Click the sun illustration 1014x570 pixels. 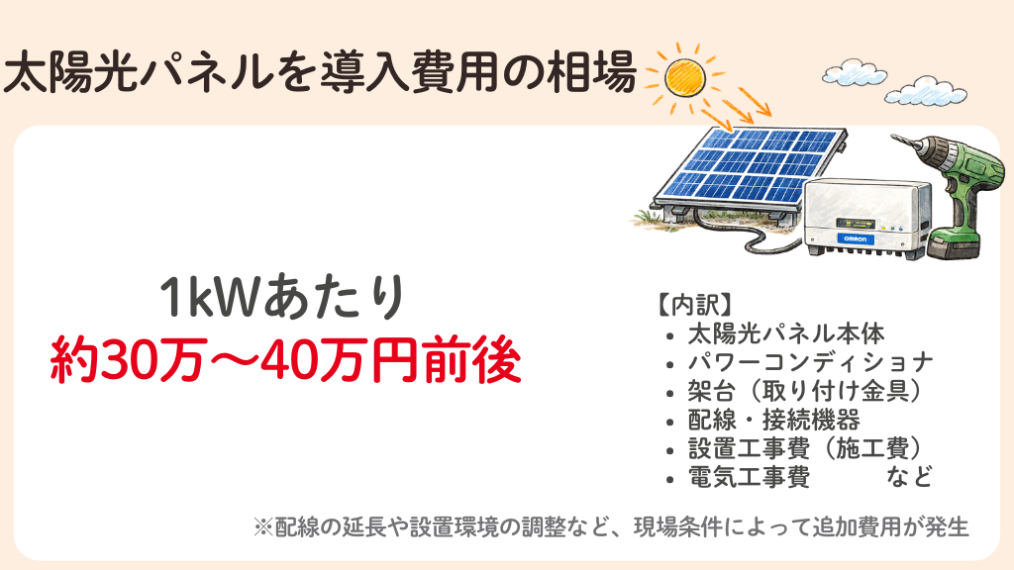pos(680,76)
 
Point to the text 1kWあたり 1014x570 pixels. pos(283,298)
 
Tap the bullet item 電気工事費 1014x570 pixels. pos(749,478)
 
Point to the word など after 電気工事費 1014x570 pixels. pos(910,478)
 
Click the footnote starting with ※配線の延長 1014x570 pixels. pos(611,526)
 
